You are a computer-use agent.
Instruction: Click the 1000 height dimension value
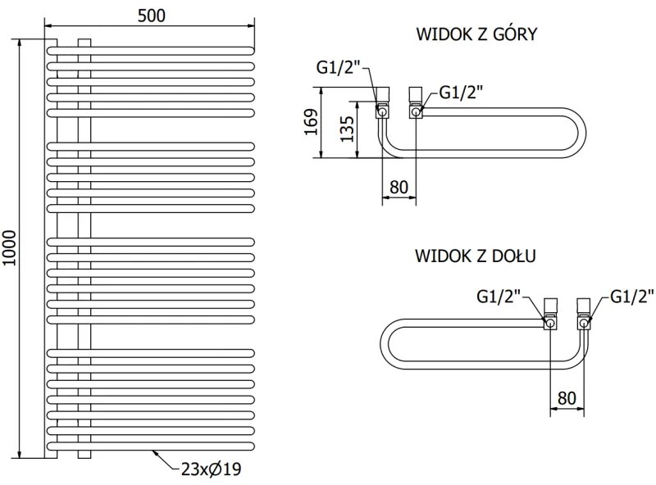[10, 246]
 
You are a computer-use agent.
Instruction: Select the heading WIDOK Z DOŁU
[476, 256]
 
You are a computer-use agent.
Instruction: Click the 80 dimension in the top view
[399, 186]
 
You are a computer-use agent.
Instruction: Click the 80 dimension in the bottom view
[567, 397]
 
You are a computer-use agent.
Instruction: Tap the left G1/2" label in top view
[338, 68]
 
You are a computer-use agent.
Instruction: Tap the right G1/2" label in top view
[461, 93]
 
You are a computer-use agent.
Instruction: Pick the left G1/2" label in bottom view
[499, 296]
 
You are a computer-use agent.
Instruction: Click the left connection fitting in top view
[382, 102]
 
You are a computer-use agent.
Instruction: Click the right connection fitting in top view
[415, 103]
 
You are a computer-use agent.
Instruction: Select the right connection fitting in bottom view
[583, 315]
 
